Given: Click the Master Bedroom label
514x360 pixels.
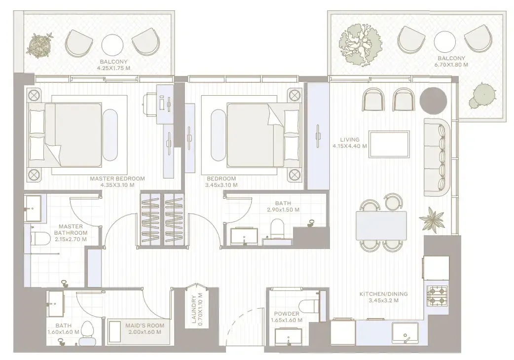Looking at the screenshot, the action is pos(117,179).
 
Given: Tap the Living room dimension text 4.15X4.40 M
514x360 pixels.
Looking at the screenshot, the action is pos(350,146).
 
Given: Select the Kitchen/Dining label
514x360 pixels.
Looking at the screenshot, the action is pos(384,294).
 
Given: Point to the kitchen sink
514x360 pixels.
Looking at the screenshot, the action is pos(405,334).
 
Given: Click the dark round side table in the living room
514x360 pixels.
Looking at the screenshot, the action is pos(434,101).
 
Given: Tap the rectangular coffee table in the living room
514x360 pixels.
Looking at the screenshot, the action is pos(389,144).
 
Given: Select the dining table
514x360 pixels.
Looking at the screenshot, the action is pos(381,225).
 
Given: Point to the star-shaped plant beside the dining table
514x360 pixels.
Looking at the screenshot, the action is pos(431,220).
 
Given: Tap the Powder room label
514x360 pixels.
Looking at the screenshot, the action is pos(287,314).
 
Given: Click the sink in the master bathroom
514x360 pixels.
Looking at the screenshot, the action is pos(33,208).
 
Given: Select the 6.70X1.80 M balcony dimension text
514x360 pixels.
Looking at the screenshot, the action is pos(451,65).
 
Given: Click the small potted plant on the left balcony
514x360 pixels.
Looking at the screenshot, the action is pos(40,45).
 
